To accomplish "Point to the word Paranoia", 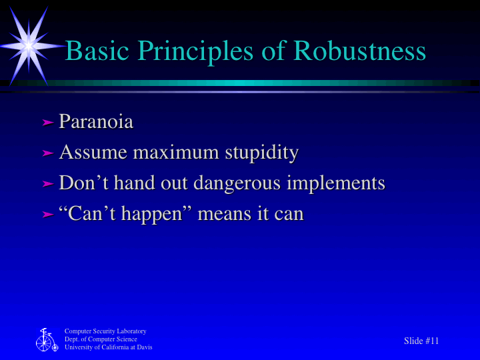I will (x=96, y=122).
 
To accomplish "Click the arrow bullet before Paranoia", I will (x=47, y=123).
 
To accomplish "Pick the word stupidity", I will (x=261, y=153).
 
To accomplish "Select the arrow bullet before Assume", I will (x=47, y=153).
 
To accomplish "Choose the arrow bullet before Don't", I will (x=47, y=184).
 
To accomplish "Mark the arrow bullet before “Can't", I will (x=47, y=215).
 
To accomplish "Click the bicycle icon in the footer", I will (x=46, y=340).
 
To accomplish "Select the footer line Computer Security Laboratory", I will (x=105, y=331).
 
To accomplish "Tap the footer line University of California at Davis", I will (x=108, y=347).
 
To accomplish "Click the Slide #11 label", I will (x=421, y=341).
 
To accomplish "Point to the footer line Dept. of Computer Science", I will (x=101, y=339).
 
